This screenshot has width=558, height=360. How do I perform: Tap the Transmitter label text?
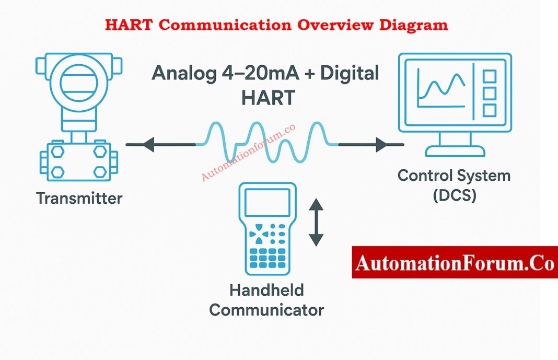coord(79,199)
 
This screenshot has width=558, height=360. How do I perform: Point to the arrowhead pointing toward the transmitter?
coord(148,144)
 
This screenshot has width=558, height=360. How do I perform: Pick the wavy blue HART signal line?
coord(266,142)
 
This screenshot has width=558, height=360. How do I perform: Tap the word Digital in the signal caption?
coord(350,74)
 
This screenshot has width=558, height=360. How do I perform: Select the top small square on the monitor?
coord(490,76)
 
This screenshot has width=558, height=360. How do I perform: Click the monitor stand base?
coord(455,152)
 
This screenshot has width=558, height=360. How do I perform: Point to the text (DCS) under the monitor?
coord(455,197)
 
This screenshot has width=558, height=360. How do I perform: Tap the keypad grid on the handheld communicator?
coord(267,256)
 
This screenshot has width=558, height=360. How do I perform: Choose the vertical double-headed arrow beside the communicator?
coord(316,222)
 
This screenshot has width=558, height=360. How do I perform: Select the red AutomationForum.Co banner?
coord(455,262)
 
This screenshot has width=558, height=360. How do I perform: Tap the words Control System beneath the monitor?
coord(454,175)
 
